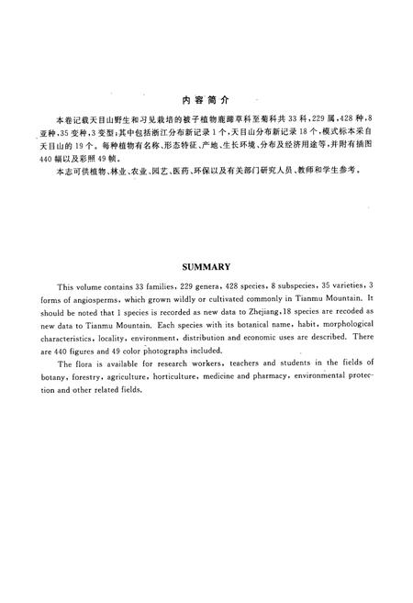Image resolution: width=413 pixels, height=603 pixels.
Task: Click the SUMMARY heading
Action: pos(206,267)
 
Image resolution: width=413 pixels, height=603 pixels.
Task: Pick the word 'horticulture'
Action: pos(188,377)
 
